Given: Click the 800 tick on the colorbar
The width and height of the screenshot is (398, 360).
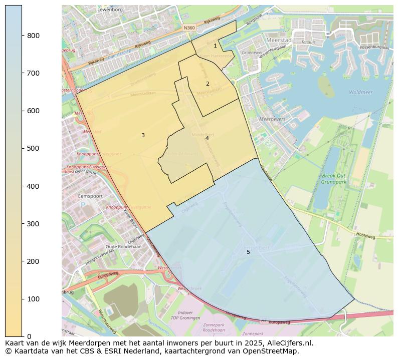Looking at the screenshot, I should tap(22, 36).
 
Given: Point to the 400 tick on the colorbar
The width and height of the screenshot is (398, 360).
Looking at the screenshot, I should tap(22, 186).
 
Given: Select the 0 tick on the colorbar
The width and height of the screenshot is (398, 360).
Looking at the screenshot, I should tap(22, 336).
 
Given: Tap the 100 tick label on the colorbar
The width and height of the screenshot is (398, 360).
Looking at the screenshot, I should tap(33, 299).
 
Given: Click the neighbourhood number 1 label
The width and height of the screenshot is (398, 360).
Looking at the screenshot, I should tap(215, 46).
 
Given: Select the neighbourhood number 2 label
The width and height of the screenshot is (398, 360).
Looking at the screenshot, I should tap(208, 84).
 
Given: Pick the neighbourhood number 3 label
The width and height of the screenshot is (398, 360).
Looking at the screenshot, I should tap(143, 135).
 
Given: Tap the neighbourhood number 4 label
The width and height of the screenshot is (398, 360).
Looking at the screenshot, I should tap(207, 138).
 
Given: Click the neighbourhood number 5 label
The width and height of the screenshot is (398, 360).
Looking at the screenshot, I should tap(248, 252).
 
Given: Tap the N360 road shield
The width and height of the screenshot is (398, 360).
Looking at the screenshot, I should tap(188, 28).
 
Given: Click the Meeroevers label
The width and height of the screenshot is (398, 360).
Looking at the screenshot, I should tap(272, 119).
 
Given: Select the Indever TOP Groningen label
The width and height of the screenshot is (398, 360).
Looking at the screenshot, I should tap(185, 315).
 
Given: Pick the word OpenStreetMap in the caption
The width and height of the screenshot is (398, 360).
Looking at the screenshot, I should tap(272, 351).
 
